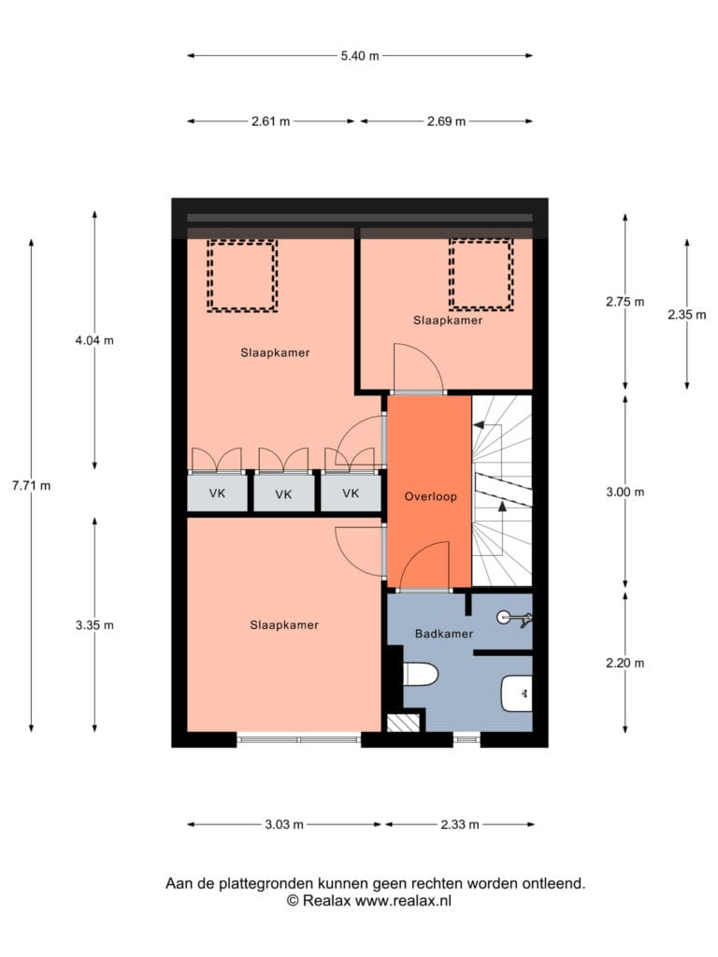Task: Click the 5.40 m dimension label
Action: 360,56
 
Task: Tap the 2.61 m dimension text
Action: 270,121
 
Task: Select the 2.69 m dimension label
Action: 446,121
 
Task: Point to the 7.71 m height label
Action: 31,486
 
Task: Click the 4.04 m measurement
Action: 94,340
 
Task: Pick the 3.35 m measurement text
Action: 94,625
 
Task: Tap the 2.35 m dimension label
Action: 687,315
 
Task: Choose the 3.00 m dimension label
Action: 625,492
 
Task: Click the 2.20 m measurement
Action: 625,663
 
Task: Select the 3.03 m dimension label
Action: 284,824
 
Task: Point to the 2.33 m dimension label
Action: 460,824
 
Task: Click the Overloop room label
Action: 430,497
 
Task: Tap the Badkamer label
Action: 444,635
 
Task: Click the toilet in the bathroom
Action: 421,675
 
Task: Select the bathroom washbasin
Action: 516,694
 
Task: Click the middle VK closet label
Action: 283,494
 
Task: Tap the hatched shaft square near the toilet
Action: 403,722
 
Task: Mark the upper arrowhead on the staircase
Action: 480,425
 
